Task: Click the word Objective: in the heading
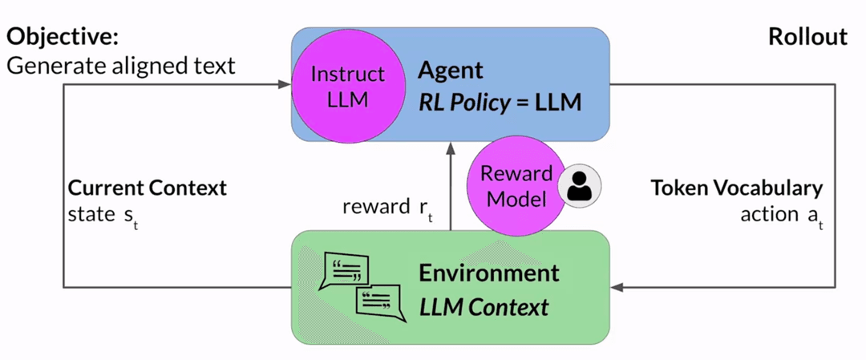[x=63, y=37]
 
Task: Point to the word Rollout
[x=807, y=37]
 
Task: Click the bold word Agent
[x=451, y=71]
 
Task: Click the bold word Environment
[x=488, y=273]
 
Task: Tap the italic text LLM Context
[x=484, y=306]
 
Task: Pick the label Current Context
[x=148, y=188]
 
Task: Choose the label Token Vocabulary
[x=736, y=188]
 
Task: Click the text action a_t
[x=781, y=214]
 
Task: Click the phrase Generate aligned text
[x=121, y=65]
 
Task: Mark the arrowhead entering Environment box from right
[x=618, y=286]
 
